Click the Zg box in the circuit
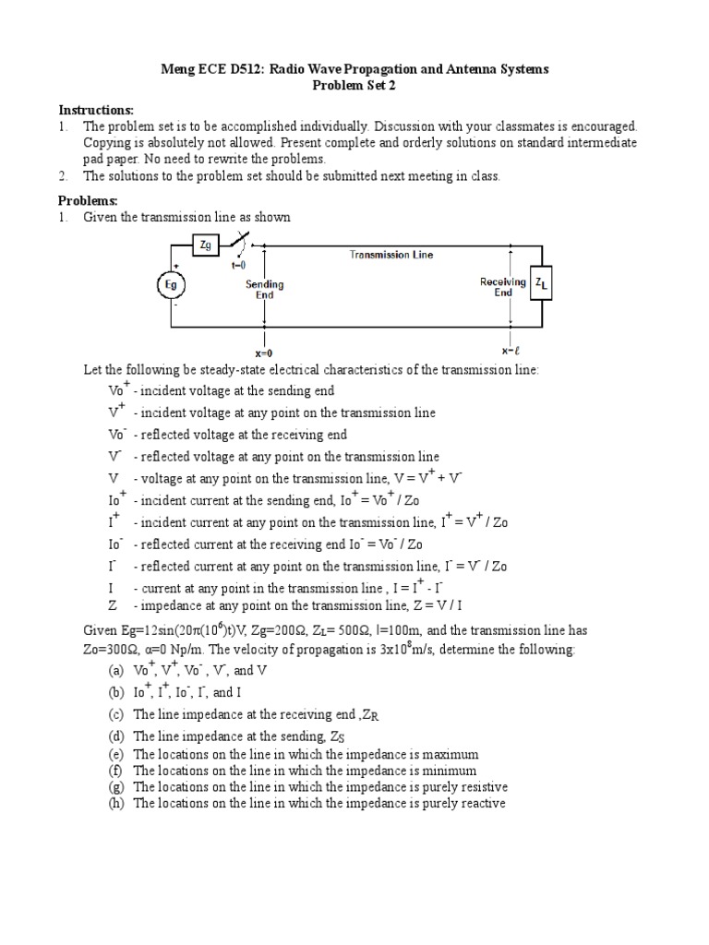(x=205, y=245)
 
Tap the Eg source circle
(x=171, y=285)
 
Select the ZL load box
(x=540, y=285)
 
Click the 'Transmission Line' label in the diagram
(x=391, y=255)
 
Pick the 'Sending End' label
(x=264, y=290)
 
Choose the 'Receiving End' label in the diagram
(x=503, y=287)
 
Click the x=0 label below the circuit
(x=264, y=353)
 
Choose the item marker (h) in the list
(x=116, y=803)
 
